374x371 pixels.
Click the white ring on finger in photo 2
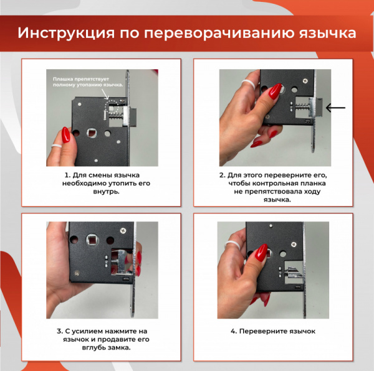pyautogui.click(x=247, y=83)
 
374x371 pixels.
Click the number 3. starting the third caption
pyautogui.click(x=60, y=331)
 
